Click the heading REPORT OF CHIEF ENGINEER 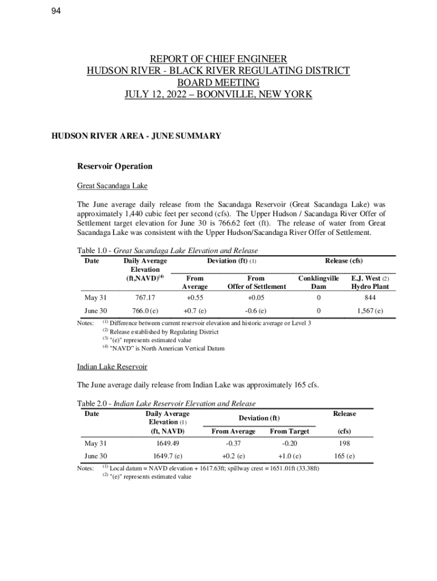218,59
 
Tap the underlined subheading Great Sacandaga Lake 112,186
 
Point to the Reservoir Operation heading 115,166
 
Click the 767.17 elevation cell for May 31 145,297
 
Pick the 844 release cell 369,297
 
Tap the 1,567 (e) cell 369,311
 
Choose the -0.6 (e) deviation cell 256,311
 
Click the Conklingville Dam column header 318,283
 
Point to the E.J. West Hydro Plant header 369,283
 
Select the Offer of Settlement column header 257,287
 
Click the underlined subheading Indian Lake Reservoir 112,367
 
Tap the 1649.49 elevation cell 167,443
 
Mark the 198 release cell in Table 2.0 344,443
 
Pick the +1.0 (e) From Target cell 289,456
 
